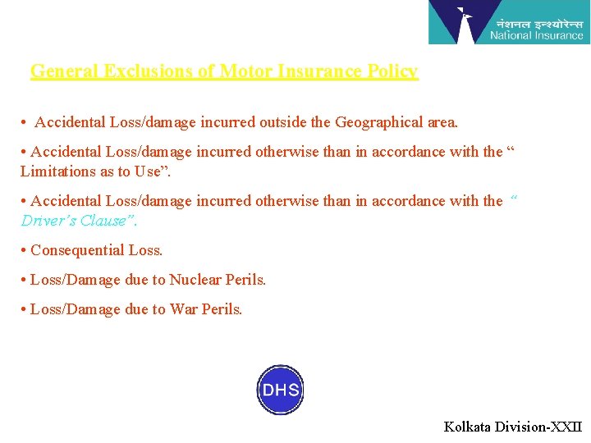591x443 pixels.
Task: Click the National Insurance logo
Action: point(508,22)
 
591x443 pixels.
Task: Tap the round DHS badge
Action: point(280,390)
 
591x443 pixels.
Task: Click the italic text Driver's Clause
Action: point(77,221)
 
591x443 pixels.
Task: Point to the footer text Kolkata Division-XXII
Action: point(512,427)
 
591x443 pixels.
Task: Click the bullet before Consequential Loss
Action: point(25,250)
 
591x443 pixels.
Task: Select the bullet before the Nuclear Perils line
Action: point(25,280)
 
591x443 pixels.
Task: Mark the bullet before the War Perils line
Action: point(25,309)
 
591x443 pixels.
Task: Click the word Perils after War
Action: point(221,309)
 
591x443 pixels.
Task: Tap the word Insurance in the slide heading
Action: point(320,71)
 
